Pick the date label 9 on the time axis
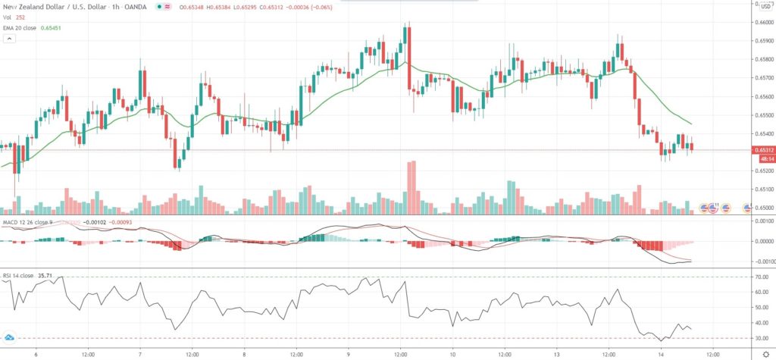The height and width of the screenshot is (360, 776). point(349,353)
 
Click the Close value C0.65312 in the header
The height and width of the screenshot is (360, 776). point(271,7)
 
